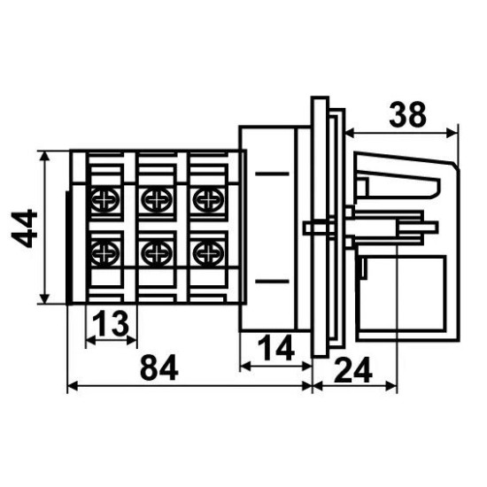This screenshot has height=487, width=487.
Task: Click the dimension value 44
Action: [24, 228]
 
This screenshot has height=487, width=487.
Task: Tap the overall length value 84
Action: [159, 368]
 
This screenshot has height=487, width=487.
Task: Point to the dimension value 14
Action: [275, 348]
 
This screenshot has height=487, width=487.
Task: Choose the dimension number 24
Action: [352, 370]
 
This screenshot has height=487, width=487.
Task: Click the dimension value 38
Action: [407, 114]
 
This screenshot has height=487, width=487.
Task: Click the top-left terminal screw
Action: [105, 198]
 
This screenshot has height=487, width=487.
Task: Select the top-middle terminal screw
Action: [157, 198]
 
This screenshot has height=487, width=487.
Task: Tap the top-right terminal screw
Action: [208, 198]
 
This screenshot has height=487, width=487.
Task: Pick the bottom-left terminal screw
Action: [105, 252]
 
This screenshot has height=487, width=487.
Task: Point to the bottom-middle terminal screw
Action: [157, 252]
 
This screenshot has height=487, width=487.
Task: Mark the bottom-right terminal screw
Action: [208, 252]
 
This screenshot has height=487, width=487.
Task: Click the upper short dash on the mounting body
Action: [272, 174]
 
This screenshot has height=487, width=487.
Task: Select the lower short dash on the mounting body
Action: [272, 282]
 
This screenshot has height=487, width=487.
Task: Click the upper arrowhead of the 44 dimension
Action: [45, 157]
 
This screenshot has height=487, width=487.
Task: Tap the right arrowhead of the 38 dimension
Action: [452, 133]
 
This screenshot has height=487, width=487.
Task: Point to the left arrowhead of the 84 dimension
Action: [73, 386]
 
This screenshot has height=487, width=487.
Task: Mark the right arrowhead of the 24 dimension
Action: [391, 386]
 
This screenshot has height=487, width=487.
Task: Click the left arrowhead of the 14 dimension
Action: [245, 367]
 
